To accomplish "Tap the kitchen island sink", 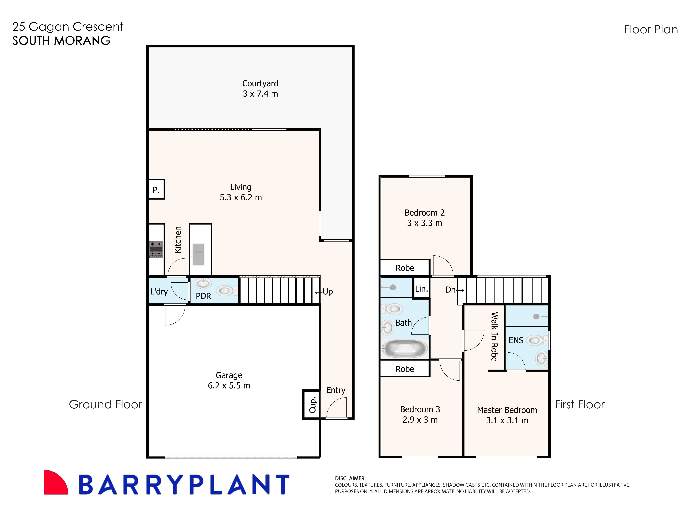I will [199, 254].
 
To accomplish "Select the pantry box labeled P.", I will [156, 189].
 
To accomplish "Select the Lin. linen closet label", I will [421, 289].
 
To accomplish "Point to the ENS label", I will [516, 340].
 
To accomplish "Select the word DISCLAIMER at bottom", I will [350, 478].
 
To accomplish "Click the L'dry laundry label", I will [159, 292].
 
